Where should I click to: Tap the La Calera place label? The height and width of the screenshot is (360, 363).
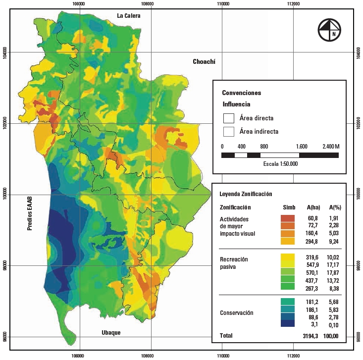click(129, 16)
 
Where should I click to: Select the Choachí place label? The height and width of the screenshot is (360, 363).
click(205, 62)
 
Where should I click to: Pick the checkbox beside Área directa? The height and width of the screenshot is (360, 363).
click(228, 118)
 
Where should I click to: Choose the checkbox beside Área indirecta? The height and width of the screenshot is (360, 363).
click(228, 132)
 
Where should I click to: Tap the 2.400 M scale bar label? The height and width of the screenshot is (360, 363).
click(330, 147)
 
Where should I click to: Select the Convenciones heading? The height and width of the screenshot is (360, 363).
click(241, 93)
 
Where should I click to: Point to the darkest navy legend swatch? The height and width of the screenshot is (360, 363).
click(287, 324)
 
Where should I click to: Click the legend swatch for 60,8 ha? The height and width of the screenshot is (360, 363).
click(287, 218)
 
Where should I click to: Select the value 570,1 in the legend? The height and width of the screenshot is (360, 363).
click(312, 272)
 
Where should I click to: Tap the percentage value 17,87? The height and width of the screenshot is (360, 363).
click(335, 272)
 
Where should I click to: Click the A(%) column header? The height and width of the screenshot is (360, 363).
click(335, 207)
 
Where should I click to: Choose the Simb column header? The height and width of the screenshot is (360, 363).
click(289, 207)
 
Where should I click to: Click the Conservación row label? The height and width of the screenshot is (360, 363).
click(236, 313)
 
